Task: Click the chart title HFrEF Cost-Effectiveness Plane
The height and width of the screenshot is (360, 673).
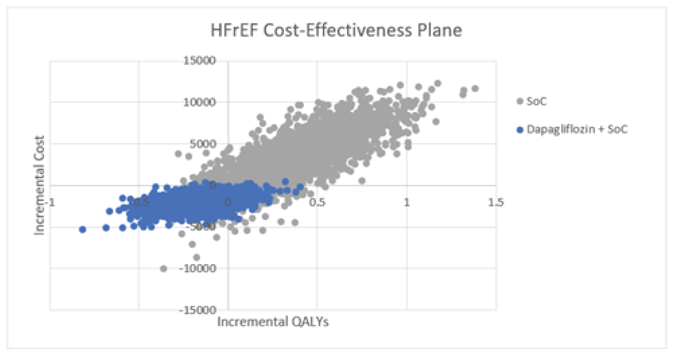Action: pos(336,30)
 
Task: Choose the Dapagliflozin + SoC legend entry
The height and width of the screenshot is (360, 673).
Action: pos(577,129)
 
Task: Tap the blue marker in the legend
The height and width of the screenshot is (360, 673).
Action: pos(520,130)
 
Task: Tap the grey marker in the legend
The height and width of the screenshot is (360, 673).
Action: pos(520,102)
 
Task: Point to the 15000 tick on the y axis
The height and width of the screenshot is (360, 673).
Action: pos(200,60)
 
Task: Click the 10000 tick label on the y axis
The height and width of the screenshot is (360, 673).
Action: pos(200,102)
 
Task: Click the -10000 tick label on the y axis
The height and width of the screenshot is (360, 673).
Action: pos(198,268)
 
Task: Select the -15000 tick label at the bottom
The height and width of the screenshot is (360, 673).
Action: pos(198,310)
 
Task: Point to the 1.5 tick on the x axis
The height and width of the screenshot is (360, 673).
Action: pos(496,203)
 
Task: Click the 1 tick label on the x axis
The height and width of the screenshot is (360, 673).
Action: pos(406,203)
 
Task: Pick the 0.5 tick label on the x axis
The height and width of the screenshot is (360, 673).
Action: pos(317,203)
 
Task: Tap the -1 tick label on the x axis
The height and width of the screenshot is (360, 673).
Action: pos(51,203)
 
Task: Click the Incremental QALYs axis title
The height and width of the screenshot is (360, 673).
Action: pos(273,322)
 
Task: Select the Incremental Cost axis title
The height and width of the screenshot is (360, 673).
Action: pos(40,185)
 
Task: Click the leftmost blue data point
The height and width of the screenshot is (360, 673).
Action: pos(82,229)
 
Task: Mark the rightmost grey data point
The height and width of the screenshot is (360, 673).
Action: pos(475,89)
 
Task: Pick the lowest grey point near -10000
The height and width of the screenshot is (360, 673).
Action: pos(163,269)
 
